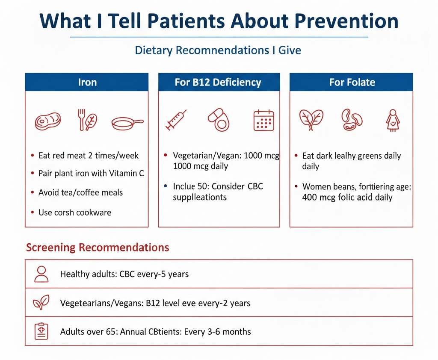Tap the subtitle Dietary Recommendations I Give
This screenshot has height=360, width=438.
click(218, 50)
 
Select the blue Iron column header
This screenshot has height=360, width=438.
click(87, 82)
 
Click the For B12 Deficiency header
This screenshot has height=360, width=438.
click(218, 82)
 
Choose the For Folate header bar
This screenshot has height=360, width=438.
click(352, 82)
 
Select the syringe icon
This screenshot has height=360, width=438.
click(176, 120)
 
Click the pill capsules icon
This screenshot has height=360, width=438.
click(219, 119)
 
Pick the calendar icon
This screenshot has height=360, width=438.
click(263, 120)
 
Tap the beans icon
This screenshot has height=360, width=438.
click(352, 119)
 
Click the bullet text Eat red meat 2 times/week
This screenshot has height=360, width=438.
click(89, 156)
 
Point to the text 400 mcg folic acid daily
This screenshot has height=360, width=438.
click(347, 198)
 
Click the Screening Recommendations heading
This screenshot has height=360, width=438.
click(98, 248)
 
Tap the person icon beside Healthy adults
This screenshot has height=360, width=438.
click(41, 274)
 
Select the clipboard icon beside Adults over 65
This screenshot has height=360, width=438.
click(41, 331)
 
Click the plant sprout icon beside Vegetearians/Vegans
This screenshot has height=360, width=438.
click(41, 303)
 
